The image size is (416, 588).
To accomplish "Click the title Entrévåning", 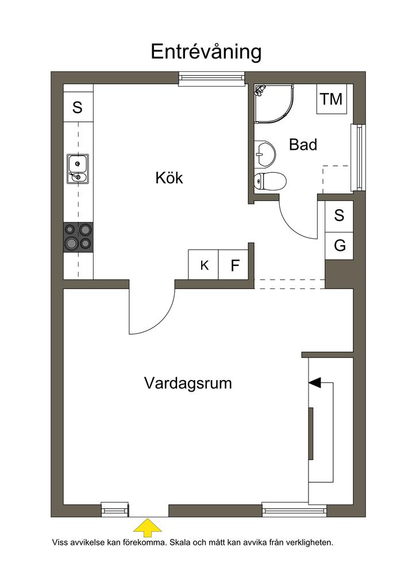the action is coord(206,52).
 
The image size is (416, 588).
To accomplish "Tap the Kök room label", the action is coord(169,177).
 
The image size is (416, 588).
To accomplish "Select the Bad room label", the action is coord(303,144).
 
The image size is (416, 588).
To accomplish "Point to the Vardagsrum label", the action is coord(188,383).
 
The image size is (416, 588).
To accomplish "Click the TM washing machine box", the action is coord(331,99).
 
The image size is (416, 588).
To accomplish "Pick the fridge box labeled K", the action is coord(203,265).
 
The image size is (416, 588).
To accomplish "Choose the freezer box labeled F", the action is coord(233,265).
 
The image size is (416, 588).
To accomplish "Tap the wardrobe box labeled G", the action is coord(339,246).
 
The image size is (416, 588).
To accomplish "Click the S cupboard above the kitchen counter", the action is coord(78,107).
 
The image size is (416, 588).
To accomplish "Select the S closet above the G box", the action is coord(339,216).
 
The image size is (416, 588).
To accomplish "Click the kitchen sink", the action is coord(78,169).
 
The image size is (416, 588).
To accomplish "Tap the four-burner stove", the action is coord(78,237).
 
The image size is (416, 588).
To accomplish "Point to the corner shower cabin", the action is coord(274,103).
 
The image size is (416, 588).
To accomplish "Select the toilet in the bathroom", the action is coord(269,182).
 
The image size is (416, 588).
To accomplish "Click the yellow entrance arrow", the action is coord(148,528).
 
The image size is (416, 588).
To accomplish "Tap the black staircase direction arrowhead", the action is coord(315,382).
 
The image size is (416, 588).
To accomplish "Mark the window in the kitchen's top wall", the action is coord(211,78).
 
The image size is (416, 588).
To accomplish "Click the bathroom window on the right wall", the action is coord(358,157).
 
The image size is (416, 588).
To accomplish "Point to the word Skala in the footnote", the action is coord(180,542).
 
